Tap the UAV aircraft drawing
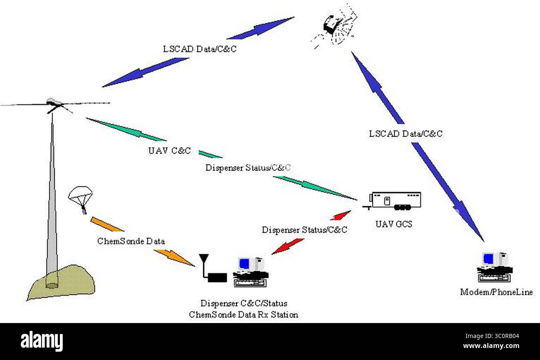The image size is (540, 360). click(55, 105)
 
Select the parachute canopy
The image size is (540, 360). click(81, 194)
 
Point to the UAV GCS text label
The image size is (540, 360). click(394, 224)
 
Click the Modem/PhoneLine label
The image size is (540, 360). click(496, 292)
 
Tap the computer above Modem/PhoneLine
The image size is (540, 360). click(495, 267)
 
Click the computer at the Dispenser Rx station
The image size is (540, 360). click(251, 272)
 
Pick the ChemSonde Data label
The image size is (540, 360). click(131, 241)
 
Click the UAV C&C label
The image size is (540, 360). click(169, 151)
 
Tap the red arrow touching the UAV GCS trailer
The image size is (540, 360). click(340, 216)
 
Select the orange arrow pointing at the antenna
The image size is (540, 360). click(174, 258)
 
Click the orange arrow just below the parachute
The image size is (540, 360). click(107, 225)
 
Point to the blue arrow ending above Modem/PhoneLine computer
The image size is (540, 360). click(448, 192)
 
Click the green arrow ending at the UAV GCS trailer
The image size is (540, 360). click(315, 188)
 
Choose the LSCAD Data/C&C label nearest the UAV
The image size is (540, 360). click(200, 49)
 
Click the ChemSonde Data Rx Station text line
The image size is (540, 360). click(243, 315)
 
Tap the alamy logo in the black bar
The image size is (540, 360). click(42, 341)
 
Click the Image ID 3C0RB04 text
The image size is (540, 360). click(492, 336)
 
